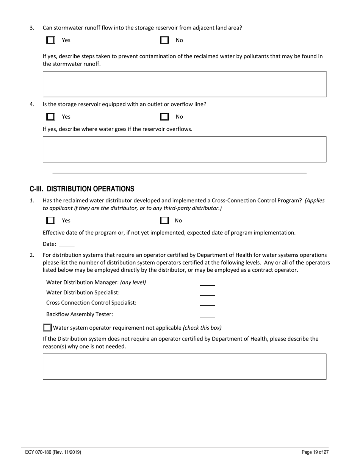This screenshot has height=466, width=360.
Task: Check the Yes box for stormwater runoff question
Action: pyautogui.click(x=50, y=40)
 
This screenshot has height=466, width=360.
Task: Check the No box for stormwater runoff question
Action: pyautogui.click(x=164, y=40)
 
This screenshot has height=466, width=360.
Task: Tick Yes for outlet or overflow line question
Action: pyautogui.click(x=50, y=117)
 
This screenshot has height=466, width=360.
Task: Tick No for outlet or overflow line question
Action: pyautogui.click(x=164, y=117)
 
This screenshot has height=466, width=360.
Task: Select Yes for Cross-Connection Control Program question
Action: pyautogui.click(x=50, y=220)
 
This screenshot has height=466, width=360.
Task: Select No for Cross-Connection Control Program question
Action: pyautogui.click(x=164, y=220)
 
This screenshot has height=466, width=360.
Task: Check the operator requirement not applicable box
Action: pyautogui.click(x=47, y=327)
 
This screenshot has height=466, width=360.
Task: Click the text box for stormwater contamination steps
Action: pyautogui.click(x=185, y=84)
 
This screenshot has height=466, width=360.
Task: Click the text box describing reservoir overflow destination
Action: pyautogui.click(x=185, y=149)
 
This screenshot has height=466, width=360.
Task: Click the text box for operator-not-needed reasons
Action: pyautogui.click(x=185, y=366)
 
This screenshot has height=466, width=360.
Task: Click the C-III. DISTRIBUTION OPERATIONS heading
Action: pyautogui.click(x=82, y=189)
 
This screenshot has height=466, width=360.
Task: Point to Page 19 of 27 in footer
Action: pyautogui.click(x=315, y=452)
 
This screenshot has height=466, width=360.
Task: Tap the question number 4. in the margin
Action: pyautogui.click(x=32, y=104)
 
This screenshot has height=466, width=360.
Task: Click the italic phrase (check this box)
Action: pyautogui.click(x=202, y=328)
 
